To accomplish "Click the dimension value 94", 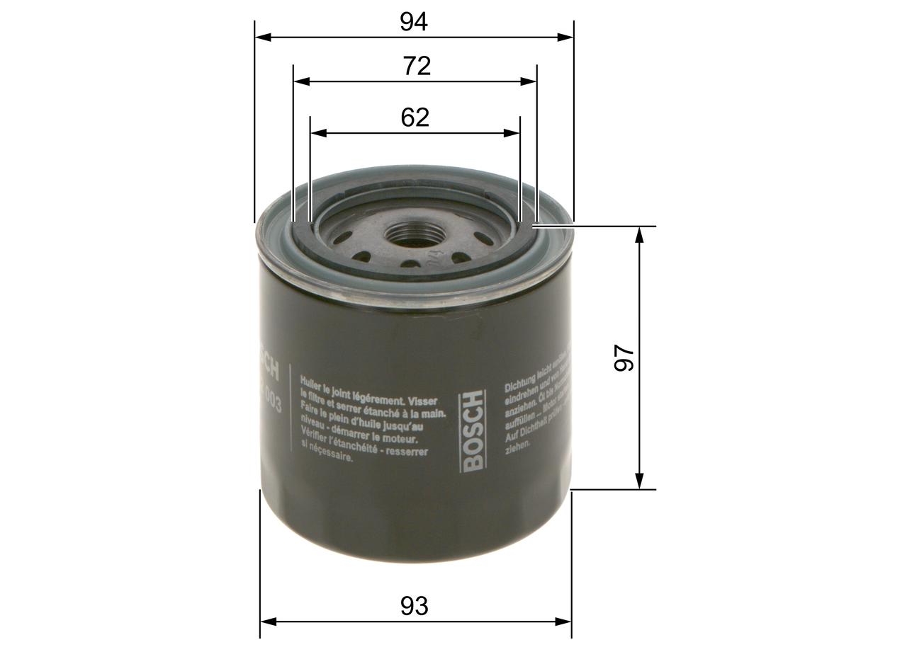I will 414,22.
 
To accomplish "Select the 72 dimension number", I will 417,66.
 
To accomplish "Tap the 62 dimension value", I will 415,117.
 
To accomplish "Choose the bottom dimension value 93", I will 415,606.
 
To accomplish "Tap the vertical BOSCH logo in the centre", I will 472,430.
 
